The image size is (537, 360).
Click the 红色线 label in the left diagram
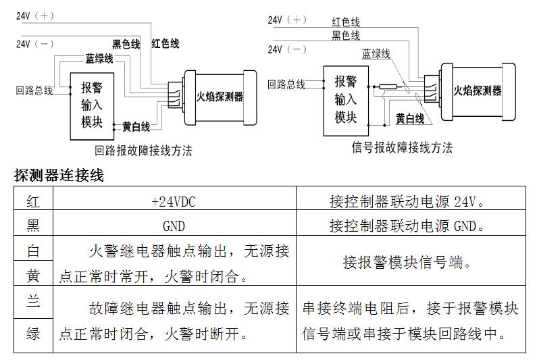point(165,44)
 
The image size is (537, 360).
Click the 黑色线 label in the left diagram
point(126,45)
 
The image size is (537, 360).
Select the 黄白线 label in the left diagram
point(136,126)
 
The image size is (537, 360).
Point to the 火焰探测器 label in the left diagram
point(220,97)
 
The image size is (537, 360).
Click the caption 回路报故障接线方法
point(144,151)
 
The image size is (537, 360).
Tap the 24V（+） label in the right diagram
point(287,20)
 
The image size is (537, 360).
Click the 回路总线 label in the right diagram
point(286,84)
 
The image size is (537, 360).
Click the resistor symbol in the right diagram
point(388,86)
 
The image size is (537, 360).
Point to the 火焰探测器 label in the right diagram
point(477,91)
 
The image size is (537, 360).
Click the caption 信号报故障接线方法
point(403,147)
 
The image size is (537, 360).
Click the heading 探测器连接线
point(59,176)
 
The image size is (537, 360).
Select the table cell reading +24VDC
point(174,201)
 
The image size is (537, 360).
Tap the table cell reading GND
point(174,226)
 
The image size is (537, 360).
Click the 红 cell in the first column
point(33,201)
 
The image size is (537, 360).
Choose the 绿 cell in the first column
point(33,334)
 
